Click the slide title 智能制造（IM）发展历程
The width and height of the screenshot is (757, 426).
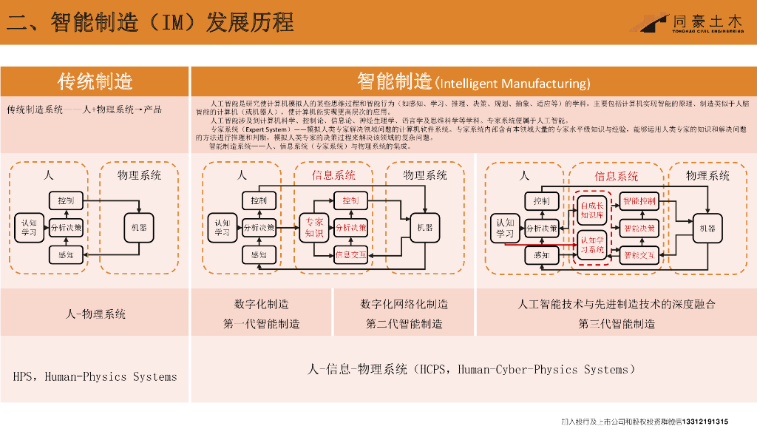151,21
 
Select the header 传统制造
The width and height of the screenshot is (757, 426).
95,81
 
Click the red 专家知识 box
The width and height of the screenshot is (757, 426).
314,227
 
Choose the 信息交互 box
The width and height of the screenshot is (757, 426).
350,255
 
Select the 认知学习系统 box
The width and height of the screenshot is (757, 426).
591,245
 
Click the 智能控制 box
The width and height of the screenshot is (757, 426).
639,200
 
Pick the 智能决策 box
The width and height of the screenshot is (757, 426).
639,228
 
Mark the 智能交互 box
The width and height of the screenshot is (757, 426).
639,256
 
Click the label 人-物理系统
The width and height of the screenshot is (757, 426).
95,314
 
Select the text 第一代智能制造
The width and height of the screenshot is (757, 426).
262,324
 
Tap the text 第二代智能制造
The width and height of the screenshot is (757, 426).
404,324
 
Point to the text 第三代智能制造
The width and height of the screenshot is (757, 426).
617,324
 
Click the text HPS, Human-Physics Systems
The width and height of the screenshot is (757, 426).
95,376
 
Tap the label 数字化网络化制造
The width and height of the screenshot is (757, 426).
404,304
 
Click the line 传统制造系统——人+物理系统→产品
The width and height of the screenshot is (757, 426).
84,109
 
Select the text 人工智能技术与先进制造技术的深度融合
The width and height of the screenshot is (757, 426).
617,304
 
